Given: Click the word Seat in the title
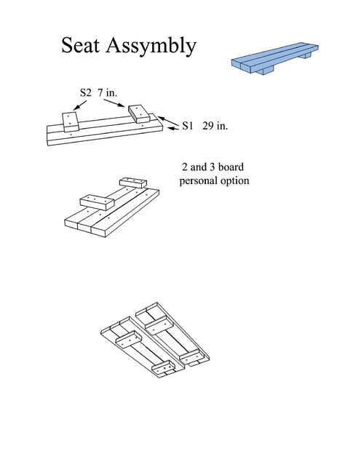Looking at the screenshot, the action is pos(80,45).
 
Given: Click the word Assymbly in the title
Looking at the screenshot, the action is pos(151,47).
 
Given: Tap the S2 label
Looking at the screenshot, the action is pos(85,92).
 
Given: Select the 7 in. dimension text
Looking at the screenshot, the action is pos(108,92).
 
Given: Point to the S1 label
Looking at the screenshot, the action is pos(187,126).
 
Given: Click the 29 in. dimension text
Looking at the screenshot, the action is pos(215,126).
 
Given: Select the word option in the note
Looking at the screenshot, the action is pos(235,181).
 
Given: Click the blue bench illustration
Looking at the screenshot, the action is pos(275,58).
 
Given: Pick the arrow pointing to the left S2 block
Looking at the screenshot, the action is pos(80,105).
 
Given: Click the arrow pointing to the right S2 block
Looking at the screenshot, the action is pos(114,103).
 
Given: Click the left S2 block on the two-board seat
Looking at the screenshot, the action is pos(71,122).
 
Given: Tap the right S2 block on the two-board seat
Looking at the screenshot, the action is pos(139,113).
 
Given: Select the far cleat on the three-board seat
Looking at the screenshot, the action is pos(133,183).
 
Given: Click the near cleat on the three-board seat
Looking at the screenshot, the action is pos(97,202).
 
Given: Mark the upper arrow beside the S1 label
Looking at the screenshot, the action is pos(168,121).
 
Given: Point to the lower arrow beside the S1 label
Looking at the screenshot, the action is pos(173,129).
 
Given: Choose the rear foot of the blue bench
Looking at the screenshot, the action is pos(305,55).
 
